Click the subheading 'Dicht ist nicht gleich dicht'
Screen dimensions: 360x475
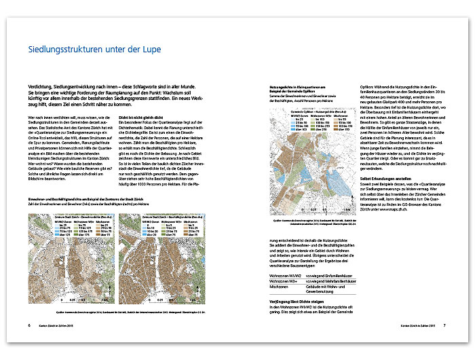click(x=142, y=117)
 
